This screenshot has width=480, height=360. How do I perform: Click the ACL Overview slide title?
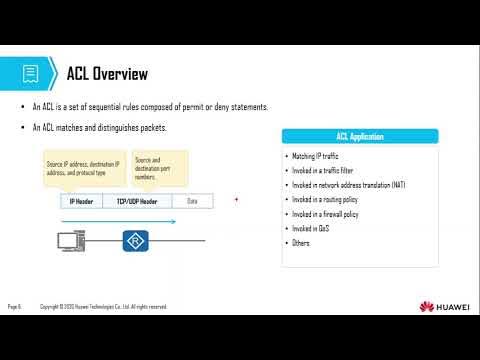pos(107,74)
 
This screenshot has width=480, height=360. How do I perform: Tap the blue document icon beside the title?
pos(31,74)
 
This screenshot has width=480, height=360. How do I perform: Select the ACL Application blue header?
pos(360,136)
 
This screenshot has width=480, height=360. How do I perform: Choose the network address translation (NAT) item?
pos(349,185)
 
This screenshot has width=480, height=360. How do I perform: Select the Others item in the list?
pos(300,243)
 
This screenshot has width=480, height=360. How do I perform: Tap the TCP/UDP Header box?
pos(137,201)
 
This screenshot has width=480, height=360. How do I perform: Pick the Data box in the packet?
pos(192,201)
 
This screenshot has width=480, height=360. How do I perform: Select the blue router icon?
pos(134,241)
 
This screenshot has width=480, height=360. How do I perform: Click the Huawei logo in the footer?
pos(444,306)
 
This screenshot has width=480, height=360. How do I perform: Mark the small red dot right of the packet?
pos(236,200)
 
